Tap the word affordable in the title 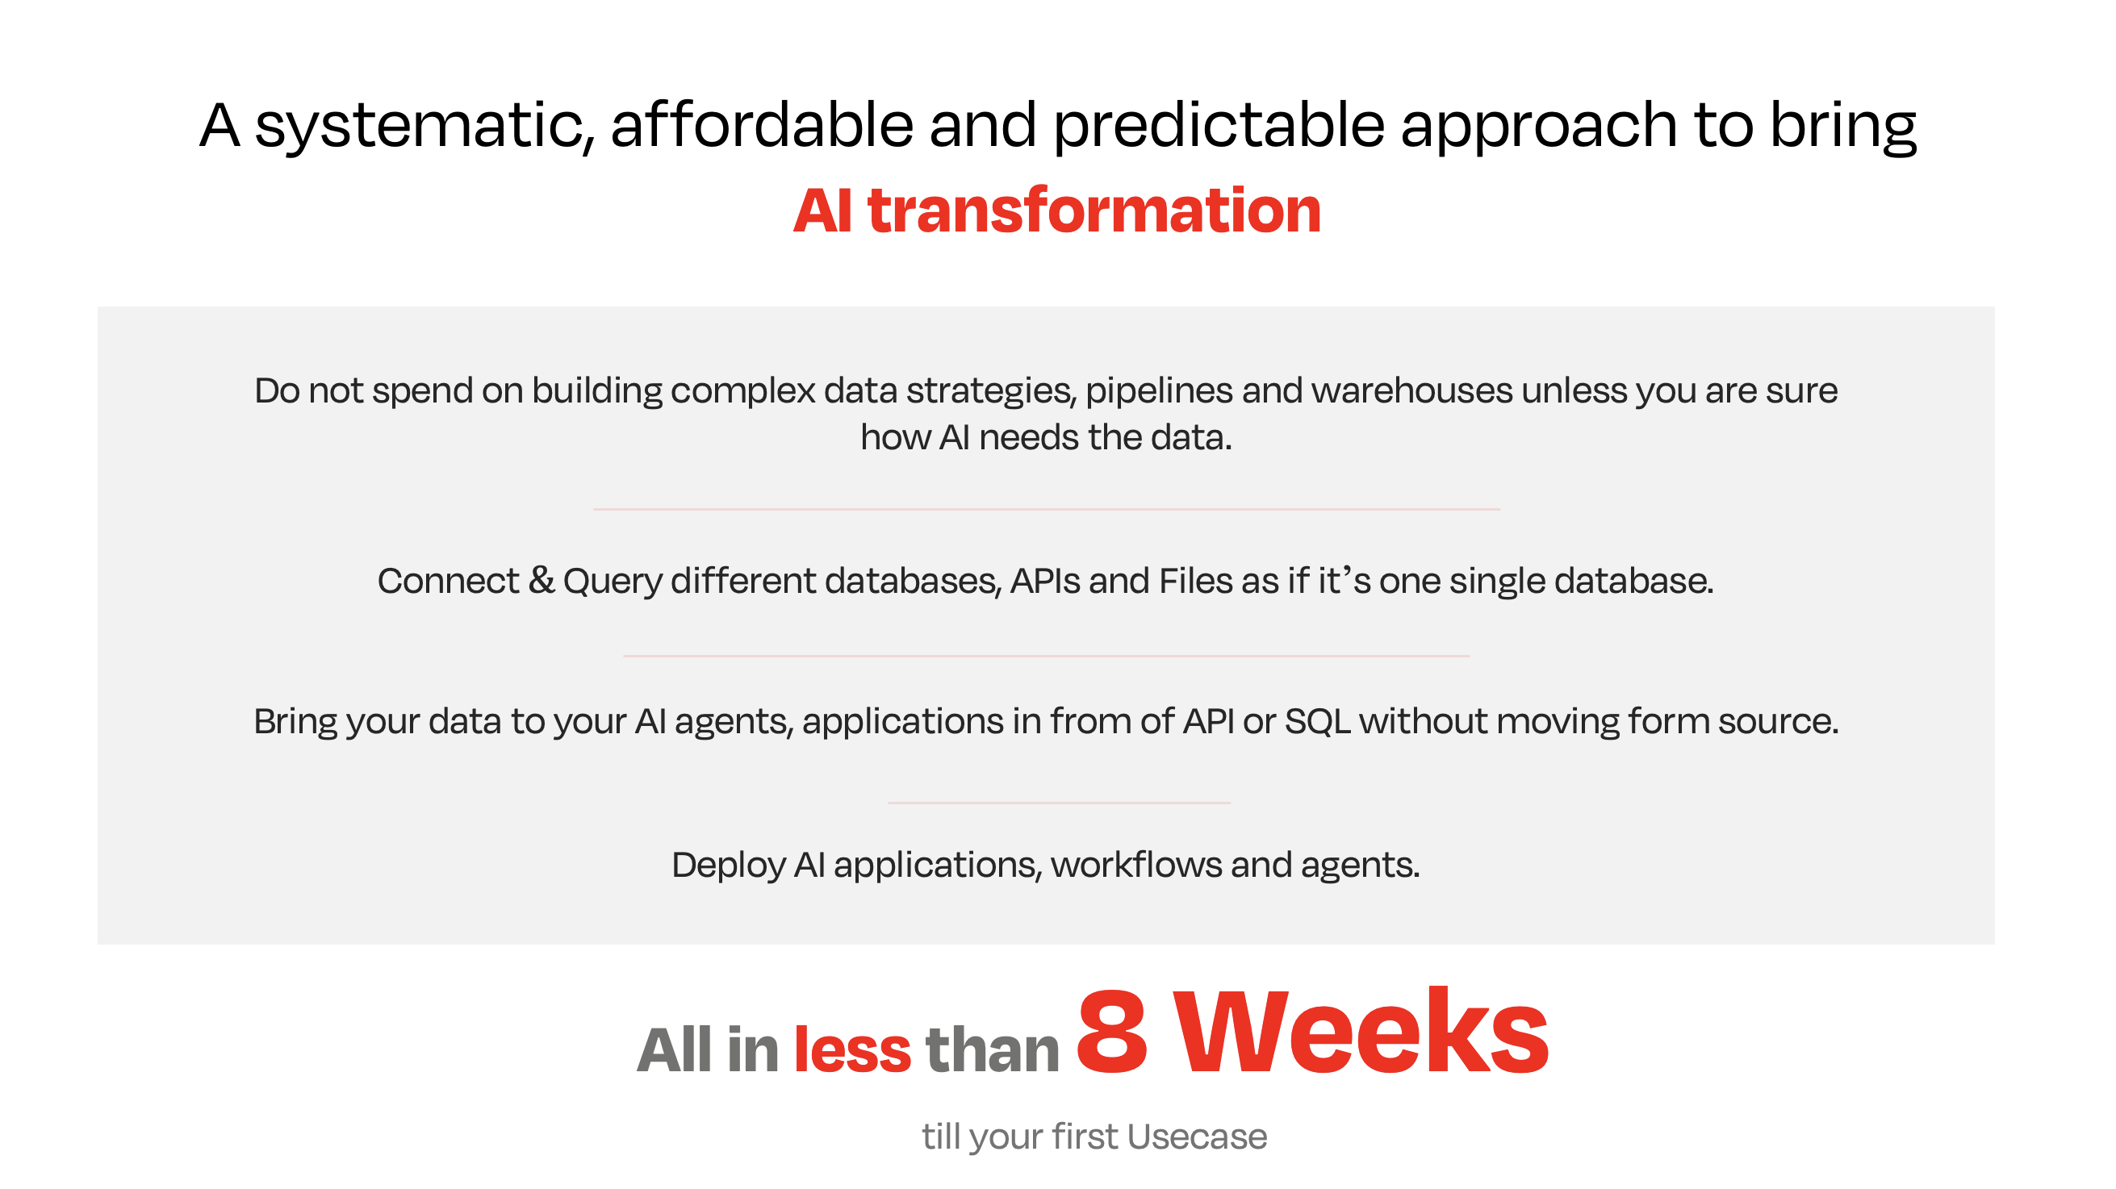pos(763,125)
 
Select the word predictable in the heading pos(1219,126)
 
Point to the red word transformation pos(1094,211)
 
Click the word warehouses pos(1412,390)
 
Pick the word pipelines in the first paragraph pos(1159,392)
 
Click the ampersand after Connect pos(542,581)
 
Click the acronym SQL pos(1318,721)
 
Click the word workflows pos(1136,865)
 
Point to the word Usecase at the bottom pos(1197,1137)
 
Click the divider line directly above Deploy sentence pos(1059,803)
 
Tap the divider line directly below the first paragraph pos(1047,509)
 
